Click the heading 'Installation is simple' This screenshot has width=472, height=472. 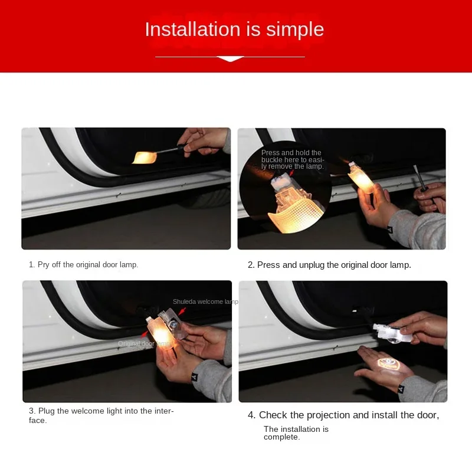(x=234, y=29)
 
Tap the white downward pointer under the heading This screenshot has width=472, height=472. (x=231, y=58)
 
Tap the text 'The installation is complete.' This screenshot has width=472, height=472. (x=296, y=433)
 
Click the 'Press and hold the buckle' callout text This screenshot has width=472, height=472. (x=293, y=160)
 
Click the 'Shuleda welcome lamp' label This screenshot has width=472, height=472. (x=205, y=301)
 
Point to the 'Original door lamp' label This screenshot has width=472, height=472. (x=143, y=343)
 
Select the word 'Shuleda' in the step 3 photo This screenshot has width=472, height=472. (x=184, y=301)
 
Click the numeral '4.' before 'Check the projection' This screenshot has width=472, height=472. (x=251, y=415)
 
